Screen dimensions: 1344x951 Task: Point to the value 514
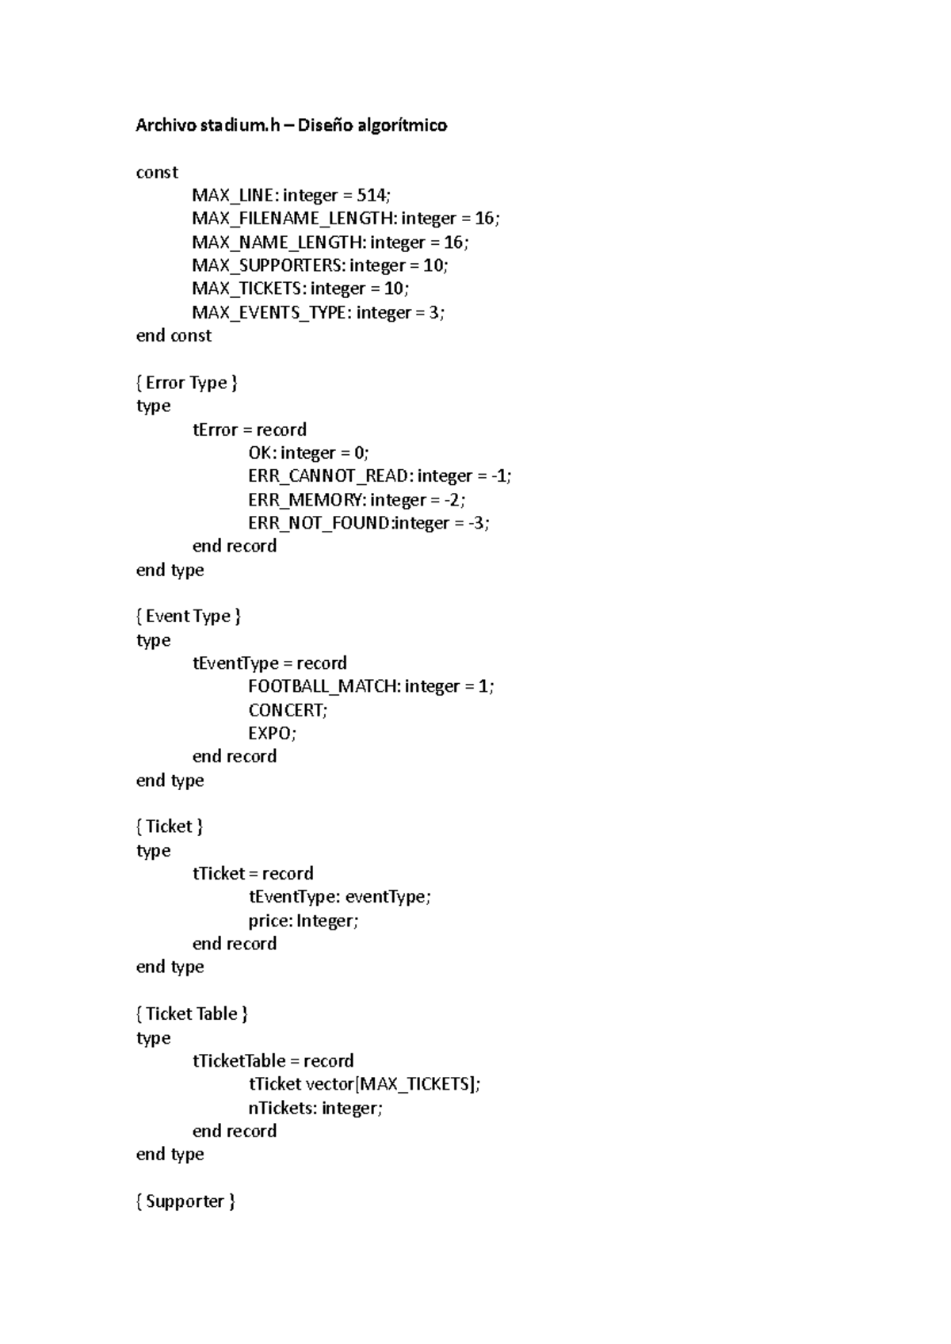[x=372, y=196]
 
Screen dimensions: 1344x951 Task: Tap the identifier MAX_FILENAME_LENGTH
[x=292, y=219]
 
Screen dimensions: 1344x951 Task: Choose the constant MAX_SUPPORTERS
[x=266, y=265]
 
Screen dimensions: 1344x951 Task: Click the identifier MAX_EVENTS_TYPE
[x=269, y=312]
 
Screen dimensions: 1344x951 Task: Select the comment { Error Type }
[x=187, y=383]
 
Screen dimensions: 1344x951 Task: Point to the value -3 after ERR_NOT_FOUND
[x=478, y=523]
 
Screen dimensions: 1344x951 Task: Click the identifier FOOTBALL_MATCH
[x=323, y=686]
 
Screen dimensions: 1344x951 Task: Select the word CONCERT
[x=286, y=710]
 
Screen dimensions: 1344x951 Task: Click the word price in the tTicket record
[x=268, y=921]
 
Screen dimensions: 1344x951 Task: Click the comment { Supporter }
[x=185, y=1201]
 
